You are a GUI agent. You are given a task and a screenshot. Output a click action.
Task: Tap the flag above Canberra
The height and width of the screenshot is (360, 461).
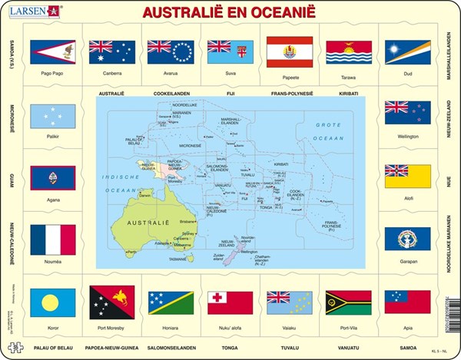(x=111, y=52)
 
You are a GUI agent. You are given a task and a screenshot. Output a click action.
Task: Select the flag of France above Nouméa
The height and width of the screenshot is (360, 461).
(x=52, y=239)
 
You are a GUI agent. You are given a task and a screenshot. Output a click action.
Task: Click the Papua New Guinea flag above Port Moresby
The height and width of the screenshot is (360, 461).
(x=111, y=303)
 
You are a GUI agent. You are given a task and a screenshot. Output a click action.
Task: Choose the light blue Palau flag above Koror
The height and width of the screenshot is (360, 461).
(x=52, y=303)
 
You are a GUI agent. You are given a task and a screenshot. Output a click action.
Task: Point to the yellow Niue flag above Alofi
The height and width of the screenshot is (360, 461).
(x=407, y=176)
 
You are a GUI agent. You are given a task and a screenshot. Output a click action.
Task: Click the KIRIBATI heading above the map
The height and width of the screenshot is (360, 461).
(x=348, y=93)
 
